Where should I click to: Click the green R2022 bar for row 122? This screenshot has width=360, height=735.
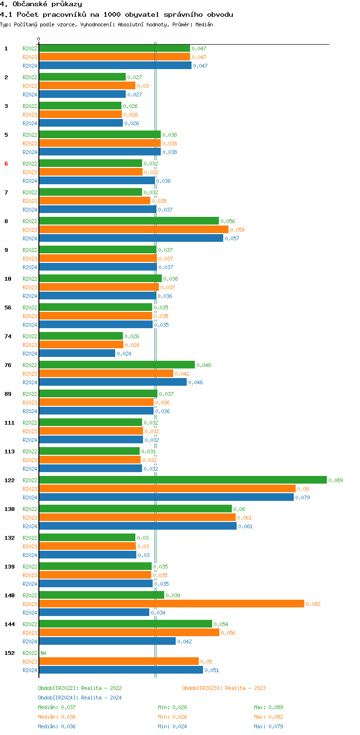pyautogui.click(x=182, y=480)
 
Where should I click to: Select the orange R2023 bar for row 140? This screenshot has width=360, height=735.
pyautogui.click(x=171, y=604)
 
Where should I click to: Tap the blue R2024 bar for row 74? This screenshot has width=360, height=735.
pyautogui.click(x=77, y=353)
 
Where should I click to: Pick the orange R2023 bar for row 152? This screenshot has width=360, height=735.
pyautogui.click(x=119, y=661)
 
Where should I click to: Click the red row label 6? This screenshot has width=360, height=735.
pyautogui.click(x=6, y=164)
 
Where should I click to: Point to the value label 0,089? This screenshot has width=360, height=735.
pyautogui.click(x=336, y=480)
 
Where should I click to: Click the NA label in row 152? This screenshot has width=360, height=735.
pyautogui.click(x=43, y=653)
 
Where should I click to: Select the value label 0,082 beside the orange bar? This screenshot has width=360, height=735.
pyautogui.click(x=313, y=604)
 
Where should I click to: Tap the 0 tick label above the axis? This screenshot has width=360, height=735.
pyautogui.click(x=39, y=39)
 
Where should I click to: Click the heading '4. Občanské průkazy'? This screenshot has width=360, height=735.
pyautogui.click(x=41, y=4)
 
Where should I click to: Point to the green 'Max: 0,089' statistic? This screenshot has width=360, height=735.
pyautogui.click(x=268, y=707)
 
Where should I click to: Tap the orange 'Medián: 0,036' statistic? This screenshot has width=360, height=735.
pyautogui.click(x=57, y=717)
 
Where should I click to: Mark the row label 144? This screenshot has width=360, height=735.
pyautogui.click(x=9, y=624)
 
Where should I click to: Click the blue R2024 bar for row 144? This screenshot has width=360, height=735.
pyautogui.click(x=107, y=641)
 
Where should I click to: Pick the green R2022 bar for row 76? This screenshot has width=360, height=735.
pyautogui.click(x=117, y=365)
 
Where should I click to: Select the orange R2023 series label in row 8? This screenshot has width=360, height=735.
pyautogui.click(x=30, y=230)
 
